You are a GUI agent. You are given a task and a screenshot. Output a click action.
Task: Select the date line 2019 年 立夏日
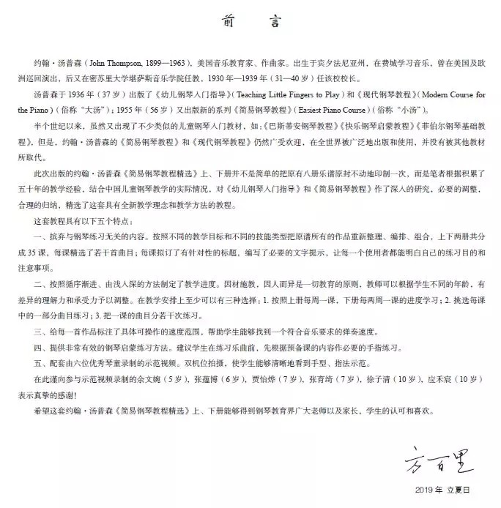[x=450, y=490]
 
